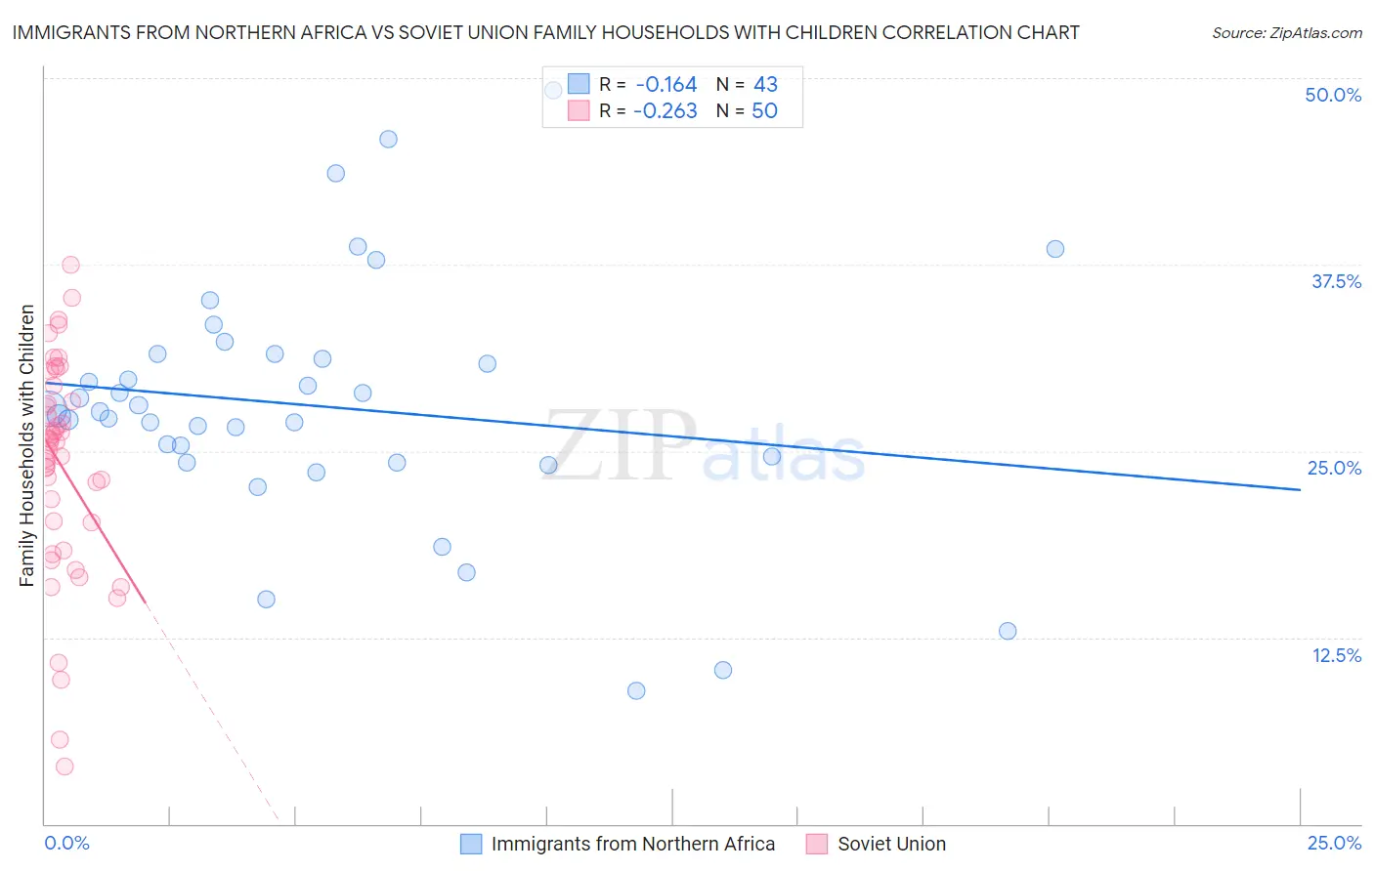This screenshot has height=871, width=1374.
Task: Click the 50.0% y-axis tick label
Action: pos(1333,95)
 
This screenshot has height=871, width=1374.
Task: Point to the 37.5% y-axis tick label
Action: pos(1336,281)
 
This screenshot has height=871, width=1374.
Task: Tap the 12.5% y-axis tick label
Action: pos(1336,655)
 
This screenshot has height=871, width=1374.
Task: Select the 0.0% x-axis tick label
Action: pos(66,844)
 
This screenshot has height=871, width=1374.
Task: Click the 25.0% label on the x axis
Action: pos(1334,844)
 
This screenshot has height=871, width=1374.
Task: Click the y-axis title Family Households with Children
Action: pos(26,445)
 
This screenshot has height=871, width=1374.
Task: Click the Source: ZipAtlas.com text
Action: pos(1286,33)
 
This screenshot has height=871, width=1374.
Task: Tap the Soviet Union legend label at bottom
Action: pos(891,845)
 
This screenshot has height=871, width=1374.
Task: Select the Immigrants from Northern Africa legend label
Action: pos(632,845)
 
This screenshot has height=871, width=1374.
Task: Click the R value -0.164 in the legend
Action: pos(666,85)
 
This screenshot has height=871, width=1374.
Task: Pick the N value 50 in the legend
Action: pos(764,111)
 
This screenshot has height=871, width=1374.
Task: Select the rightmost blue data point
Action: pos(1055,249)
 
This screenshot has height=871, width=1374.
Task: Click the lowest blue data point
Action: pos(636,690)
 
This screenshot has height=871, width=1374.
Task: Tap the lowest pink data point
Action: pos(64,767)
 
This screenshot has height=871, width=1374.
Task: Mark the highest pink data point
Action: pos(70,265)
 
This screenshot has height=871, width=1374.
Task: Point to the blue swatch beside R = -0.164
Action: pos(579,85)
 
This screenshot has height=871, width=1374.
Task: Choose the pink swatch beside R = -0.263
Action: pos(579,111)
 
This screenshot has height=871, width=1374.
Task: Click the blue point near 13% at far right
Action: pos(1008,631)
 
